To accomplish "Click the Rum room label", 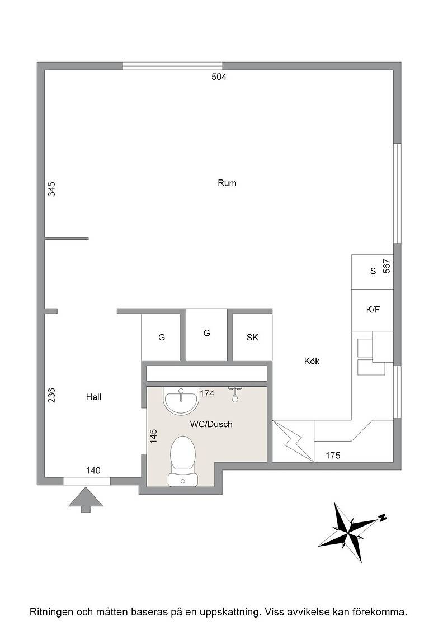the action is click(227, 183).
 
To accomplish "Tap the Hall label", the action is click(93, 397).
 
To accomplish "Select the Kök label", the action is click(312, 361).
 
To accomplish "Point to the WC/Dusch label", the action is click(211, 424).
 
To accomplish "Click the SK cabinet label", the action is click(252, 338).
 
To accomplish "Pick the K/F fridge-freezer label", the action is click(373, 310).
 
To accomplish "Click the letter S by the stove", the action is click(373, 271).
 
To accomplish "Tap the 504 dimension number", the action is click(219, 77).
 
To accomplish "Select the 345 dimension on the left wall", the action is click(51, 189).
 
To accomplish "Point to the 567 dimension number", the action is click(387, 266).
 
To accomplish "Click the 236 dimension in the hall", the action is click(51, 395).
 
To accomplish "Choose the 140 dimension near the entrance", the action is click(93, 471).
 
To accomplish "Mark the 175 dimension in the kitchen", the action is click(333, 456).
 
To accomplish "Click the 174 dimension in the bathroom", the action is click(207, 393).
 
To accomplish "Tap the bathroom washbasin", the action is click(181, 401).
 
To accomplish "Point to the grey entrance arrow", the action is click(86, 500).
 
